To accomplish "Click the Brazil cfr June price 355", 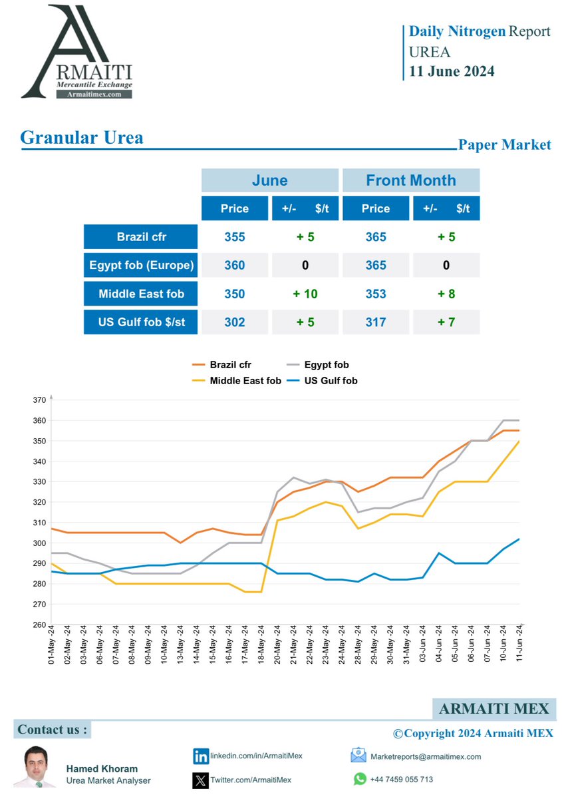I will click(234, 237).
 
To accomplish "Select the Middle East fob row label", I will click(141, 294).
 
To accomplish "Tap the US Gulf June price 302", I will click(234, 322).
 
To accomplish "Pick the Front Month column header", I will click(410, 180).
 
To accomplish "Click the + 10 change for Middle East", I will click(305, 294).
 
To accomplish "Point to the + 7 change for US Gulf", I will click(446, 322).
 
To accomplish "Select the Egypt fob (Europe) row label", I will click(141, 265).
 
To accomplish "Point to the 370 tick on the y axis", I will click(39, 400).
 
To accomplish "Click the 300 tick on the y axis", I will click(39, 543).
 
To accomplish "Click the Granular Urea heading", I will click(82, 138).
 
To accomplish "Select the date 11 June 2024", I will click(452, 71).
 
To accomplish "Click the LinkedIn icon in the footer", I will click(200, 756).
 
